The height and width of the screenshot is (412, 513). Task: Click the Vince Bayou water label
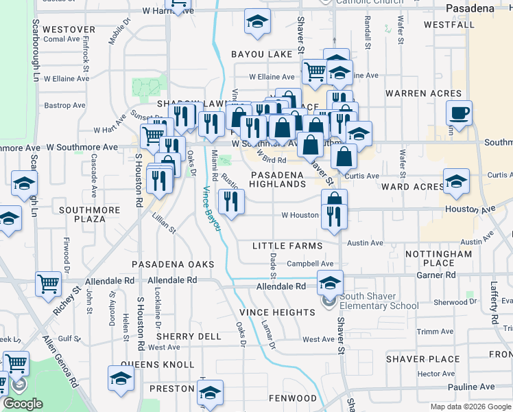click(x=211, y=208)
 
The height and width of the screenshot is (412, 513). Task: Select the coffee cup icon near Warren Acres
click(x=459, y=112)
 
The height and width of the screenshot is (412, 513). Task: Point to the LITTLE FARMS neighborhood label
click(x=287, y=246)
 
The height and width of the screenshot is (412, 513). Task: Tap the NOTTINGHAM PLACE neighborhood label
click(x=438, y=258)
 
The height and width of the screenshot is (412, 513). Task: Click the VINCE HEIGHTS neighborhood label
click(x=276, y=312)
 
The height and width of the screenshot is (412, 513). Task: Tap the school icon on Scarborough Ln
click(x=24, y=183)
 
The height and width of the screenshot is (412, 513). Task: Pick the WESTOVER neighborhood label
click(x=69, y=30)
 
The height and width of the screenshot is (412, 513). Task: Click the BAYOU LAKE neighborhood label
click(x=261, y=54)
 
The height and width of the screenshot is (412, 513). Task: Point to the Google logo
click(x=24, y=404)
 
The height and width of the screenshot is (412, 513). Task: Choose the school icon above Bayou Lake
click(x=257, y=23)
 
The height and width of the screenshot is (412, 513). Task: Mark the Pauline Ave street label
click(x=473, y=387)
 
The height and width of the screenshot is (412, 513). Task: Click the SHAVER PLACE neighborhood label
click(x=422, y=359)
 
